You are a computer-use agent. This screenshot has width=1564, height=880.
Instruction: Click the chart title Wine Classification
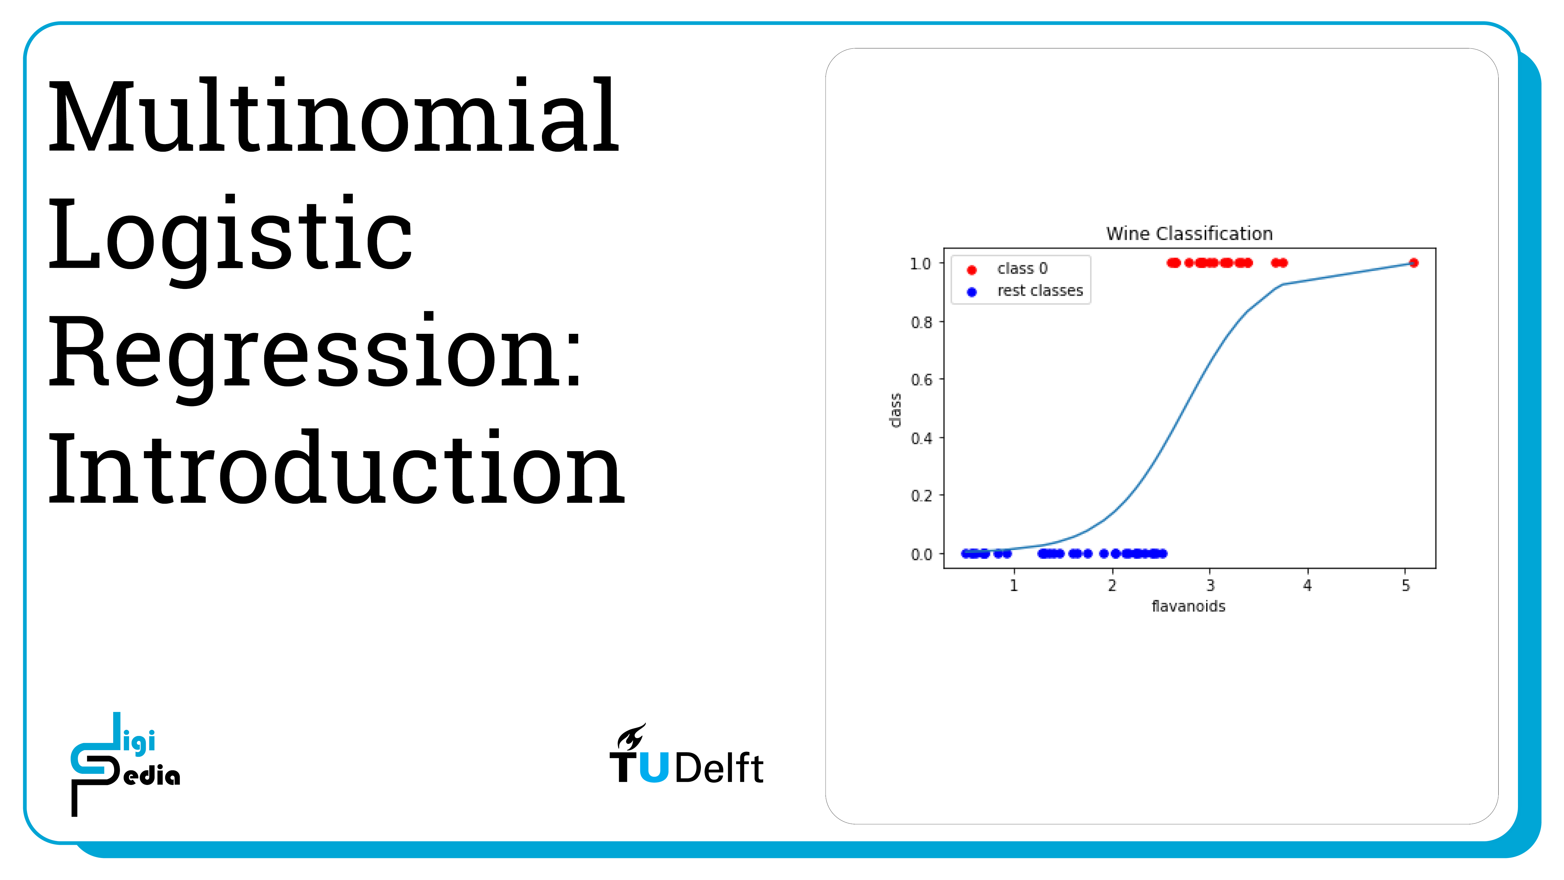1189,234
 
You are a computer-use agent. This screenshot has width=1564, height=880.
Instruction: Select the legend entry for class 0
1008,268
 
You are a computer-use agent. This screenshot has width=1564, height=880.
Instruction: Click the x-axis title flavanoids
1188,606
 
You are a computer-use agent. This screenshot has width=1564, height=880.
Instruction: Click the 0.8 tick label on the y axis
921,322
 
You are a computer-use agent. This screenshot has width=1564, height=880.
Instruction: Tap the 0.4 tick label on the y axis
921,438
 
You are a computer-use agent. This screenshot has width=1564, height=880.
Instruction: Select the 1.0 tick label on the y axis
921,264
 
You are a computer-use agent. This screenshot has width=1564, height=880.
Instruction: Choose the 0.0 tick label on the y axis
921,554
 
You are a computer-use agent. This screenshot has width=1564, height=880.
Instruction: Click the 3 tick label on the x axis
1210,585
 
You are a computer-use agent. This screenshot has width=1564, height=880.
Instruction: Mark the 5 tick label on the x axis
1406,585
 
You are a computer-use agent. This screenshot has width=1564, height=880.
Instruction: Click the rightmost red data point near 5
1414,263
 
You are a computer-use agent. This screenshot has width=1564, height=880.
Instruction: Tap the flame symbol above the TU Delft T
631,736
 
